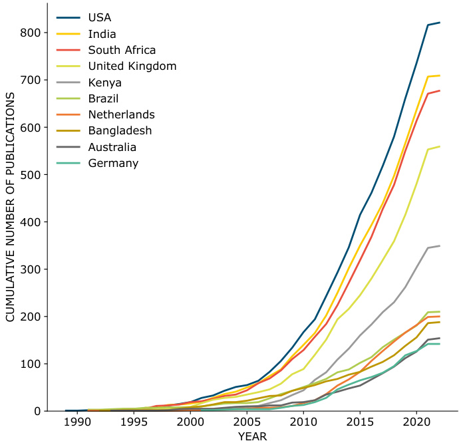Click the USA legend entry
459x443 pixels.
coord(100,17)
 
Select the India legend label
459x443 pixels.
coord(101,34)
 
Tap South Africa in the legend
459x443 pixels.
coord(122,50)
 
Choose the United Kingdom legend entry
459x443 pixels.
coord(132,66)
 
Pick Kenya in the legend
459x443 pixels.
coord(104,82)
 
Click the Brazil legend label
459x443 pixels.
coord(103,98)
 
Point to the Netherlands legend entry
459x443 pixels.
coord(121,114)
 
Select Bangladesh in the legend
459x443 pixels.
coord(120,131)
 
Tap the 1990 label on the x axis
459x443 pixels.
coord(77,423)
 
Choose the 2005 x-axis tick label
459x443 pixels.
coord(246,423)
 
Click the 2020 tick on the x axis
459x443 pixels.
coord(416,423)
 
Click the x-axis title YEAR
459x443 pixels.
coord(252,436)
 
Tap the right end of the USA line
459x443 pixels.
coord(439,23)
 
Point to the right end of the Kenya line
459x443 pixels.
coord(439,246)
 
